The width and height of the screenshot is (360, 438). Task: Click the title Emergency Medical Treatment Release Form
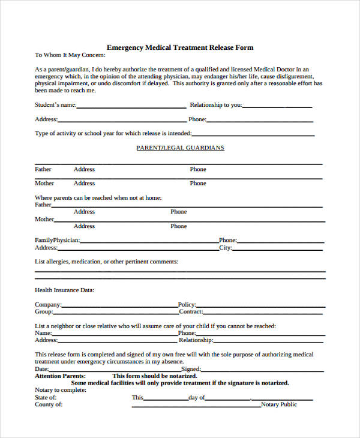[x=180, y=47]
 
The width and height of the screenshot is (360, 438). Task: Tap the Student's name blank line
[x=131, y=106]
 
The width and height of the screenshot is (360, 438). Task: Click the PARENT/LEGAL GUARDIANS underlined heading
[x=180, y=148]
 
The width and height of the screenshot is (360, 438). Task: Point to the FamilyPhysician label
[x=57, y=240]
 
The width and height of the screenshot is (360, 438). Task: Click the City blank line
[x=278, y=249]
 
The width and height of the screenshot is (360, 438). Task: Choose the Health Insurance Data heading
[x=64, y=290]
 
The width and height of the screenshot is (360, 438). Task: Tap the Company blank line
[x=119, y=306]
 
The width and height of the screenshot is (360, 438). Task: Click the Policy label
[x=187, y=304]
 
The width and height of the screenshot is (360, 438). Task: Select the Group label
[x=44, y=311]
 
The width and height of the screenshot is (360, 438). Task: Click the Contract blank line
[x=264, y=313]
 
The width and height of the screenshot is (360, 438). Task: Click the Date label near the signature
[x=40, y=369]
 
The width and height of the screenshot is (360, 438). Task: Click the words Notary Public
[x=279, y=404]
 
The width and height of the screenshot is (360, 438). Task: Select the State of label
[x=46, y=397]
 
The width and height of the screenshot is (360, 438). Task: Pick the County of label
[x=48, y=404]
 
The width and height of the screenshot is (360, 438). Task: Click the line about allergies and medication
[x=106, y=262]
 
